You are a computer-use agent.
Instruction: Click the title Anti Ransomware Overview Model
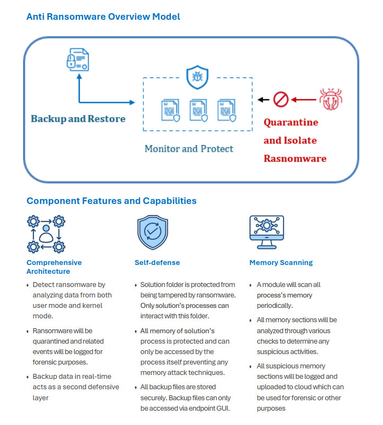point(103,17)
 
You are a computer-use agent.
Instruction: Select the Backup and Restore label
point(78,119)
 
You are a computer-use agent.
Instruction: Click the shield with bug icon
point(196,78)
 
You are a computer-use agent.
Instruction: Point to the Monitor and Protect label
point(188,148)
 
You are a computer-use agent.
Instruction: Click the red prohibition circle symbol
point(281,100)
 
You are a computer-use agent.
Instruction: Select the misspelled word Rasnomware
point(295,158)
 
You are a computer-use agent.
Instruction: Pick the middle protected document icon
point(198,111)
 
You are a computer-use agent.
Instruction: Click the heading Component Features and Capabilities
point(112,201)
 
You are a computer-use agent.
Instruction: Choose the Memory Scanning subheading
point(281,263)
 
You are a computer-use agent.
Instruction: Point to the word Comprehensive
point(54,263)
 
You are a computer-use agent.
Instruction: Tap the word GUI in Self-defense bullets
point(225,409)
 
